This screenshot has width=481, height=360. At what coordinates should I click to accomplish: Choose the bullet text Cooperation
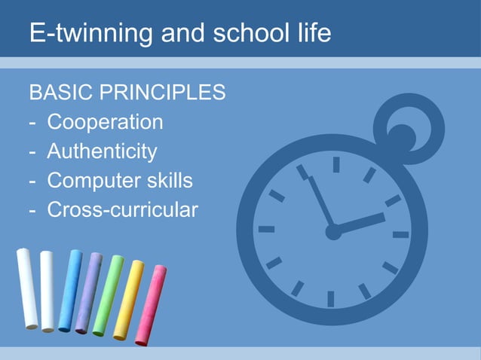(105, 122)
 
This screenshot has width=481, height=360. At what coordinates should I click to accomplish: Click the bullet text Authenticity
(102, 151)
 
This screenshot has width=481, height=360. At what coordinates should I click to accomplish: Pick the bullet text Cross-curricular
(122, 209)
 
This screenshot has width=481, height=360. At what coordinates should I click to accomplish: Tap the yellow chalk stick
(127, 300)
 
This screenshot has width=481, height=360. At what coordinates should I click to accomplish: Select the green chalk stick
(108, 295)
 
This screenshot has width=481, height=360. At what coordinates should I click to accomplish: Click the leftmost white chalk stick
(28, 288)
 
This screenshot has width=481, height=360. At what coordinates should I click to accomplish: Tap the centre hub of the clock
(333, 232)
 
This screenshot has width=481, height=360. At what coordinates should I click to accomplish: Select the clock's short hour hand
(360, 223)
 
